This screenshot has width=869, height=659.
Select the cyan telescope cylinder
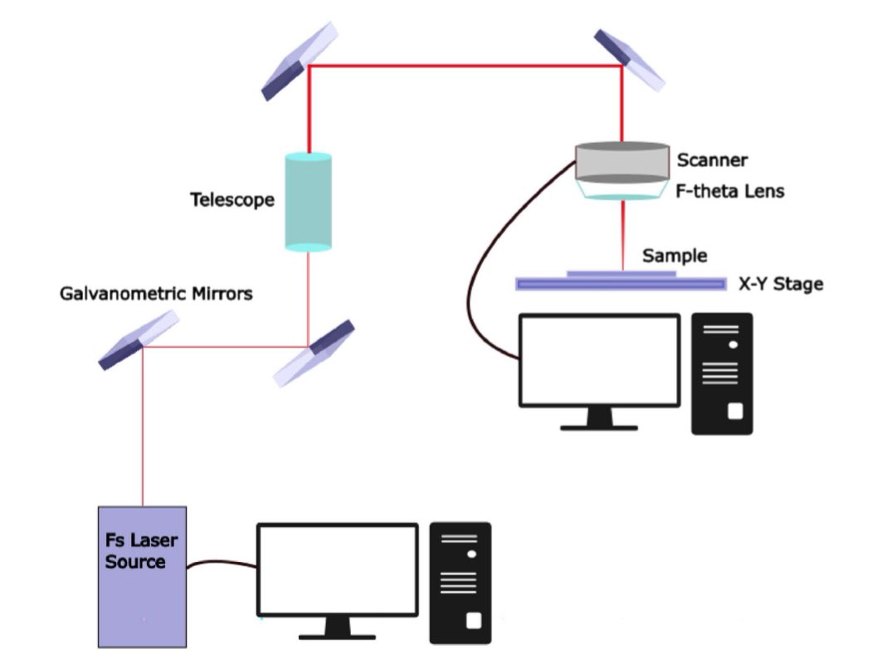308,201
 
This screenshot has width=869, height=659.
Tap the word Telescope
232,200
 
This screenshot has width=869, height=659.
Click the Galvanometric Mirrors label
156,294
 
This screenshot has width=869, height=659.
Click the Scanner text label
711,159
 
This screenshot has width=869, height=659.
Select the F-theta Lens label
730,192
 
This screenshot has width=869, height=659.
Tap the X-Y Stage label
780,285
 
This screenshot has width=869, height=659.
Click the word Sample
674,256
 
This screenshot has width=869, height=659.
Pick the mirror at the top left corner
300,61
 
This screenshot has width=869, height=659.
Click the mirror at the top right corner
630,59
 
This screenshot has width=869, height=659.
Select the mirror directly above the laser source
139,339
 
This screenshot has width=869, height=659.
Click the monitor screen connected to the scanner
599,360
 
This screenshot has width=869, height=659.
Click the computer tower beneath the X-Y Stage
722,373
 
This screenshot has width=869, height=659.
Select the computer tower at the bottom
460,583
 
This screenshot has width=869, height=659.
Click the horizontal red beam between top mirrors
465,66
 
